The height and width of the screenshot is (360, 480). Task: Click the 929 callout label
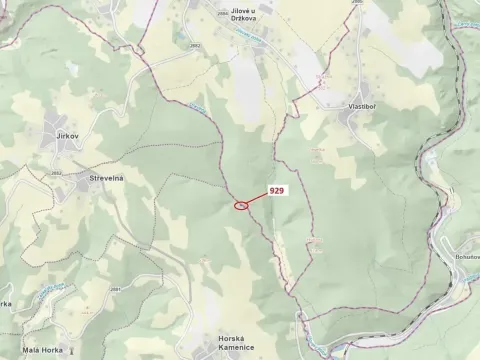coord(277,189)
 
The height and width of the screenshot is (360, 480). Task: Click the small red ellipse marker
coord(241,206)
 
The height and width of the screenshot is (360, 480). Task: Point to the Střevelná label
coord(105,179)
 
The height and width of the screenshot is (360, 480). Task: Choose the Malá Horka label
coord(43,350)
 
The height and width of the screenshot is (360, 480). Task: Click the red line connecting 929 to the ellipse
coord(256,198)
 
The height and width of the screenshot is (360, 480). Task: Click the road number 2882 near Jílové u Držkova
coord(194,45)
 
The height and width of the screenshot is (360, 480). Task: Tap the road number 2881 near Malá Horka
coord(116,289)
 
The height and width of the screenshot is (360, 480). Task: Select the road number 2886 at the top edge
coord(356,3)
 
